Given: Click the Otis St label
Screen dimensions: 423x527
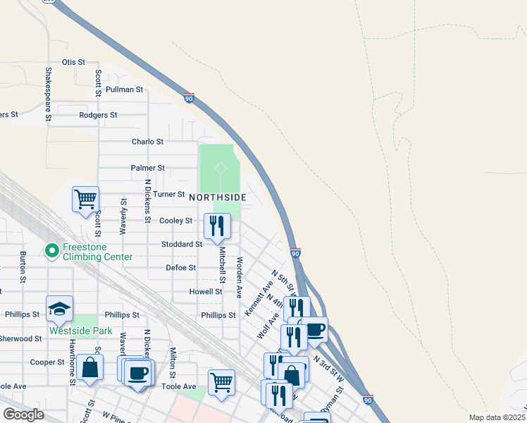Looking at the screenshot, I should point(73,62).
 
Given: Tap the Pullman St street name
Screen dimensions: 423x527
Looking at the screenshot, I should point(124,90).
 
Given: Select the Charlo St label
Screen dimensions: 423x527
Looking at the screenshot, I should point(147,142).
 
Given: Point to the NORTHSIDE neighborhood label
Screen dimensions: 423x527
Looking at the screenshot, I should point(218,197).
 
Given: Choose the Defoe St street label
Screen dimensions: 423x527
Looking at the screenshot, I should point(180,268).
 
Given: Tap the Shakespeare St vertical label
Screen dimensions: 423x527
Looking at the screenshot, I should point(49,94).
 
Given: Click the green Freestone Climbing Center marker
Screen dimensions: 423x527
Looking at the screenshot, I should point(51,251).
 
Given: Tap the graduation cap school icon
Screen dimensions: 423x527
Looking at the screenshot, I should point(59,308).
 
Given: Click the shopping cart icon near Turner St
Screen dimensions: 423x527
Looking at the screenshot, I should point(85,199).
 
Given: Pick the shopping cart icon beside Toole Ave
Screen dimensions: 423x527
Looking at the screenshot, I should point(222,382).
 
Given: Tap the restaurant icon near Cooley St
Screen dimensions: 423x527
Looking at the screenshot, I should point(217,226).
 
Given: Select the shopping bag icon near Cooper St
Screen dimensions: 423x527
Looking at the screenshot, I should point(89,368).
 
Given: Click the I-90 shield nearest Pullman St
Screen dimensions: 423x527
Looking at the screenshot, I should point(189,98).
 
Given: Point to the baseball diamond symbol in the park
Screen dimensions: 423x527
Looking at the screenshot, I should point(221,168).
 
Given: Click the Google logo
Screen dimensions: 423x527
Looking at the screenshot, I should point(23,415).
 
